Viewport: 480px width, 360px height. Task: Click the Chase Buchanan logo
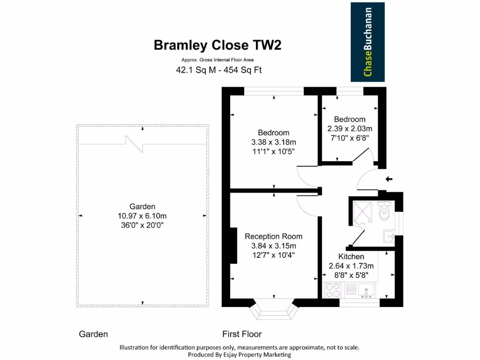point(367,42)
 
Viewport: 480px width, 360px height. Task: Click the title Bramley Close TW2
point(218,45)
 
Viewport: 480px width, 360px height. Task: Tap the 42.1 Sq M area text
point(193,70)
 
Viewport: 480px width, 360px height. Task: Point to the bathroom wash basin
point(389,235)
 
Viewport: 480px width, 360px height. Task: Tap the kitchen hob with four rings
point(334,290)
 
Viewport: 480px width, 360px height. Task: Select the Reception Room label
point(273,236)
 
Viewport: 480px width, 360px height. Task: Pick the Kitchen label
point(352,256)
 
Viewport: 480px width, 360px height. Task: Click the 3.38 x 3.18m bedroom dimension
point(274,142)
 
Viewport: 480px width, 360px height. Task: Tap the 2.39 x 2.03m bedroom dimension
point(350,128)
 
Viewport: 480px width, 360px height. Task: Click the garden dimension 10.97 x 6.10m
point(142,216)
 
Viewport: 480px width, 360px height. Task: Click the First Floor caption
point(242,334)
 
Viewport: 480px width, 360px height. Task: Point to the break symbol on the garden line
point(135,143)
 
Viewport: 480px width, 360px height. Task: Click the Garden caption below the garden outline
point(93,334)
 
